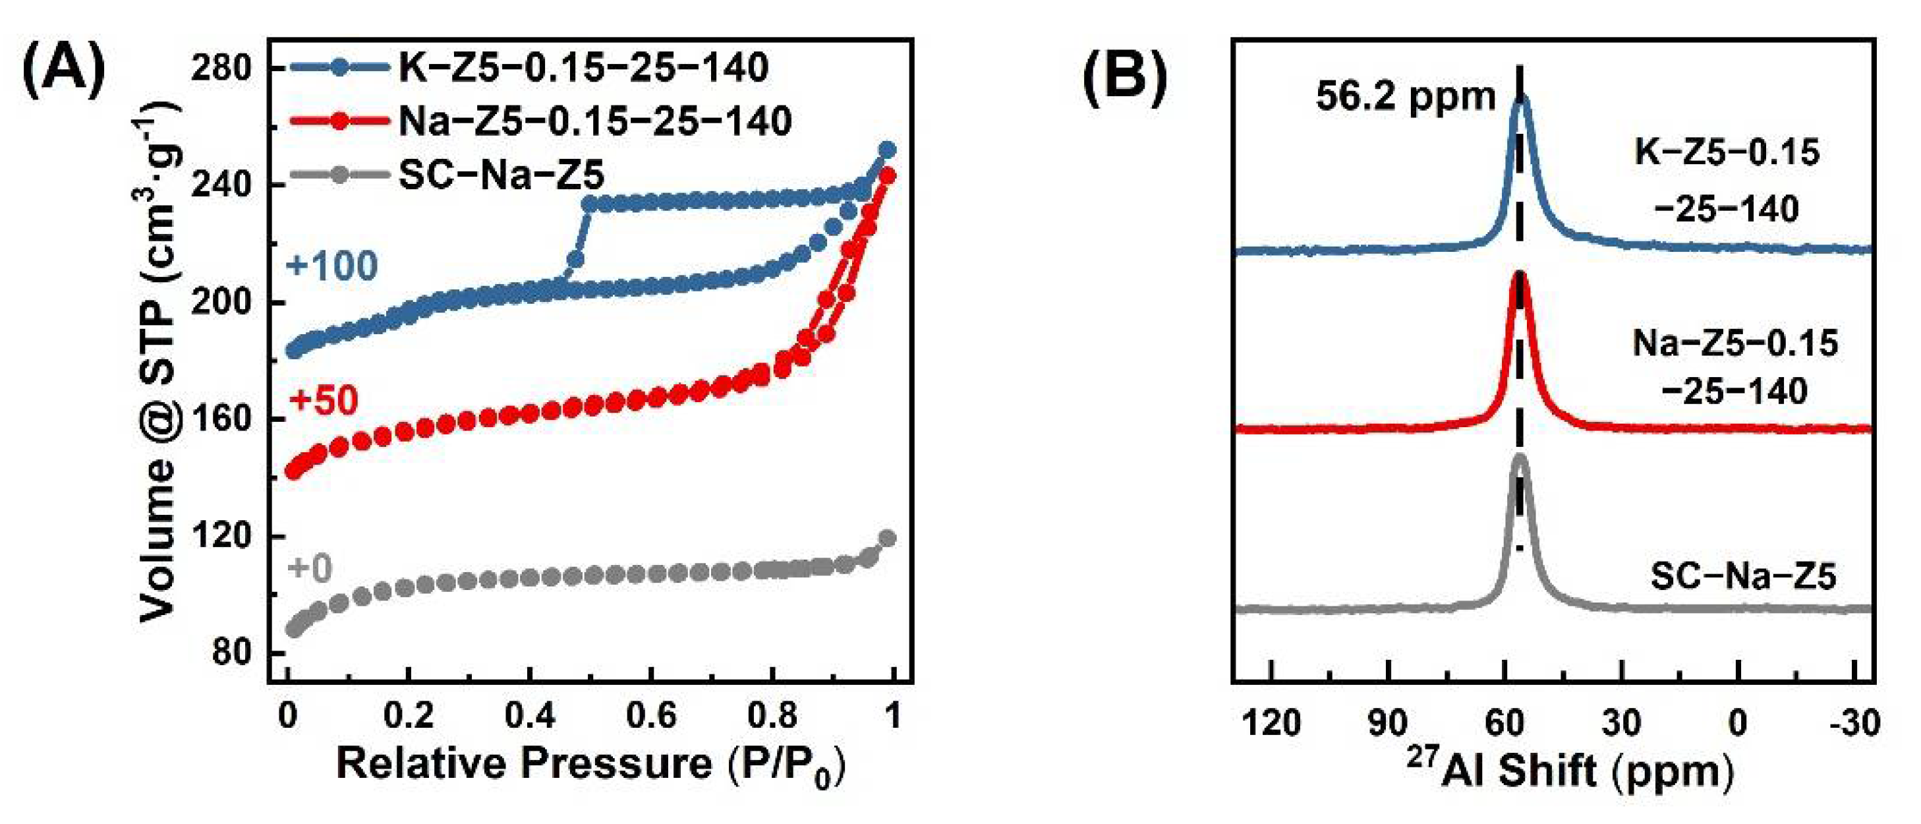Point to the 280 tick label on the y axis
tap(221, 69)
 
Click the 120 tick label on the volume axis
tap(221, 536)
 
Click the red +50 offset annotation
tap(324, 400)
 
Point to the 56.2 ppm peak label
tap(1405, 97)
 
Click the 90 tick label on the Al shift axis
tap(1388, 723)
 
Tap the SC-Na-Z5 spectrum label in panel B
tap(1744, 576)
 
